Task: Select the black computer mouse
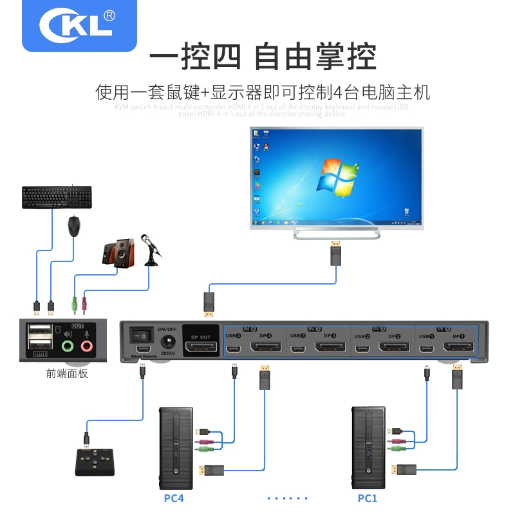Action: pos(76,227)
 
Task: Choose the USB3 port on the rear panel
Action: pos(297,348)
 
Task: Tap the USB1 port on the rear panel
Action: pos(427,348)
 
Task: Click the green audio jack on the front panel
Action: pos(68,346)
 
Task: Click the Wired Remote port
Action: pos(142,349)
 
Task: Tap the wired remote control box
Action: pos(94,462)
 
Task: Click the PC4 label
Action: pos(174,498)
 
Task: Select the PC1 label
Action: pos(368,498)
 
